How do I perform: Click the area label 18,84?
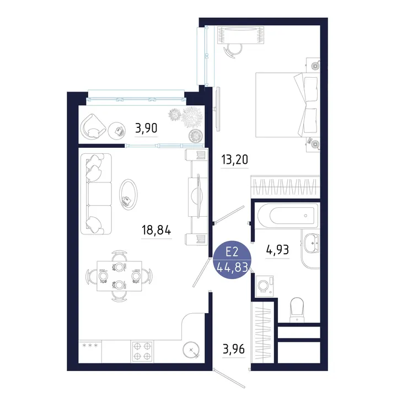point(156,230)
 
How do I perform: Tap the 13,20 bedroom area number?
point(234,159)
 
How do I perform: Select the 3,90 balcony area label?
point(146,128)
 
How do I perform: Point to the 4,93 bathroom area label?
point(277,250)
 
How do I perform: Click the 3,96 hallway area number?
point(233,349)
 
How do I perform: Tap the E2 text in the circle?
point(232,252)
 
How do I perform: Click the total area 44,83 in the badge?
point(232,267)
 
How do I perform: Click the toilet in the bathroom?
point(297,310)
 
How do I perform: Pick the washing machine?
point(264,286)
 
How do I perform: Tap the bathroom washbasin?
point(312,243)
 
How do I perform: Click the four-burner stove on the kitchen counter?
point(142,351)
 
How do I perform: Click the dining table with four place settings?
point(119,276)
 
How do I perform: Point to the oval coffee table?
point(128,195)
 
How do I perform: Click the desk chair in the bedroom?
point(233,51)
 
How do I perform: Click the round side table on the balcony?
point(117,131)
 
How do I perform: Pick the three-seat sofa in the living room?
point(96,194)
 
